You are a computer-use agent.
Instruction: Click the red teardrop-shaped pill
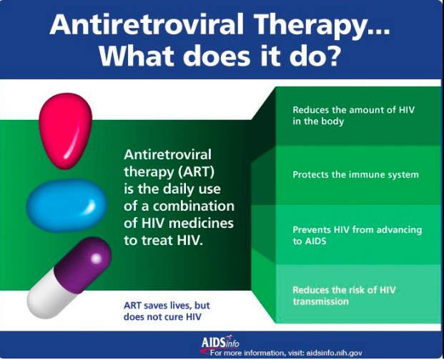point(65,131)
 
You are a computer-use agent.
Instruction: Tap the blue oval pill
point(66,205)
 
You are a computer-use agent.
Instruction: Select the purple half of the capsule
point(83,264)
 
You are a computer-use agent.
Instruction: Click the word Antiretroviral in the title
point(147,24)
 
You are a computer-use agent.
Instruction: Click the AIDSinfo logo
point(220,342)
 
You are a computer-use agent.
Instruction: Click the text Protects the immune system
point(355,174)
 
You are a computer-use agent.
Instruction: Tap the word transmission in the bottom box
point(320,301)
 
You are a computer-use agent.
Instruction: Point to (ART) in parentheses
point(196,171)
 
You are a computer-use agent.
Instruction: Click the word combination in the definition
point(194,206)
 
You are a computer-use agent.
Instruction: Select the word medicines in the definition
point(202,223)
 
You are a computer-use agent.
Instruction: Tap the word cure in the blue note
point(174,317)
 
